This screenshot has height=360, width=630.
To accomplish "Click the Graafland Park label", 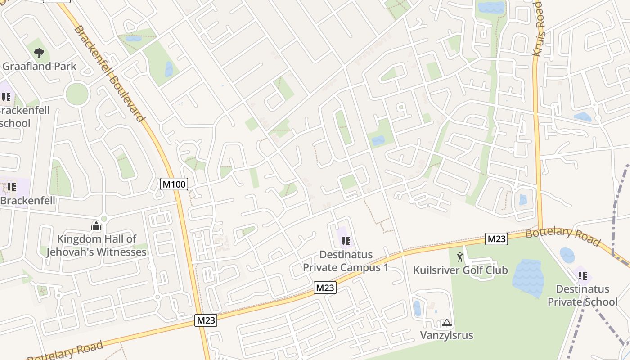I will click(39, 66).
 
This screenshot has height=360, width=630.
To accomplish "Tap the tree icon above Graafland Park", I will click(39, 53).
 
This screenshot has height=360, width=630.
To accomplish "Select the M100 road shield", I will click(174, 184).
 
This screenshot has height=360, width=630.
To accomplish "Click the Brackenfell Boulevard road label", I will click(110, 73).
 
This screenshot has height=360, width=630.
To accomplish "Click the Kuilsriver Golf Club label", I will click(460, 270).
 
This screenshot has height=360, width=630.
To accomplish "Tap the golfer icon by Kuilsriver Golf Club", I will click(460, 257).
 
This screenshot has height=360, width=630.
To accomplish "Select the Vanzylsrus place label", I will click(446, 335).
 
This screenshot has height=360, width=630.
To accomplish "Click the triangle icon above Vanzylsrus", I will click(446, 322).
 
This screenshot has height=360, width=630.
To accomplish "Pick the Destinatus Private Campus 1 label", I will click(345, 261).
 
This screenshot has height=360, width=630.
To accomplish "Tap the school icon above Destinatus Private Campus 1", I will click(346, 241).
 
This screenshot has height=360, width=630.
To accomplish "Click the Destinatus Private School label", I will click(582, 295).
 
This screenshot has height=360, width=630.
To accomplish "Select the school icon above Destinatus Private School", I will click(583, 275).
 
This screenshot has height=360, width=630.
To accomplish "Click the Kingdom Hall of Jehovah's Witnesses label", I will click(96, 245).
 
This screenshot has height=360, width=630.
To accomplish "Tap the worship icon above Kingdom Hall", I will click(96, 226).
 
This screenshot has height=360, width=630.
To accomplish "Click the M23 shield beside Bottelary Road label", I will click(496, 239).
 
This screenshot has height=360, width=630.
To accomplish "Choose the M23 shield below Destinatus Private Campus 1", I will click(325, 288).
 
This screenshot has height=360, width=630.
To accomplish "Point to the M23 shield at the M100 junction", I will click(206, 320).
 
